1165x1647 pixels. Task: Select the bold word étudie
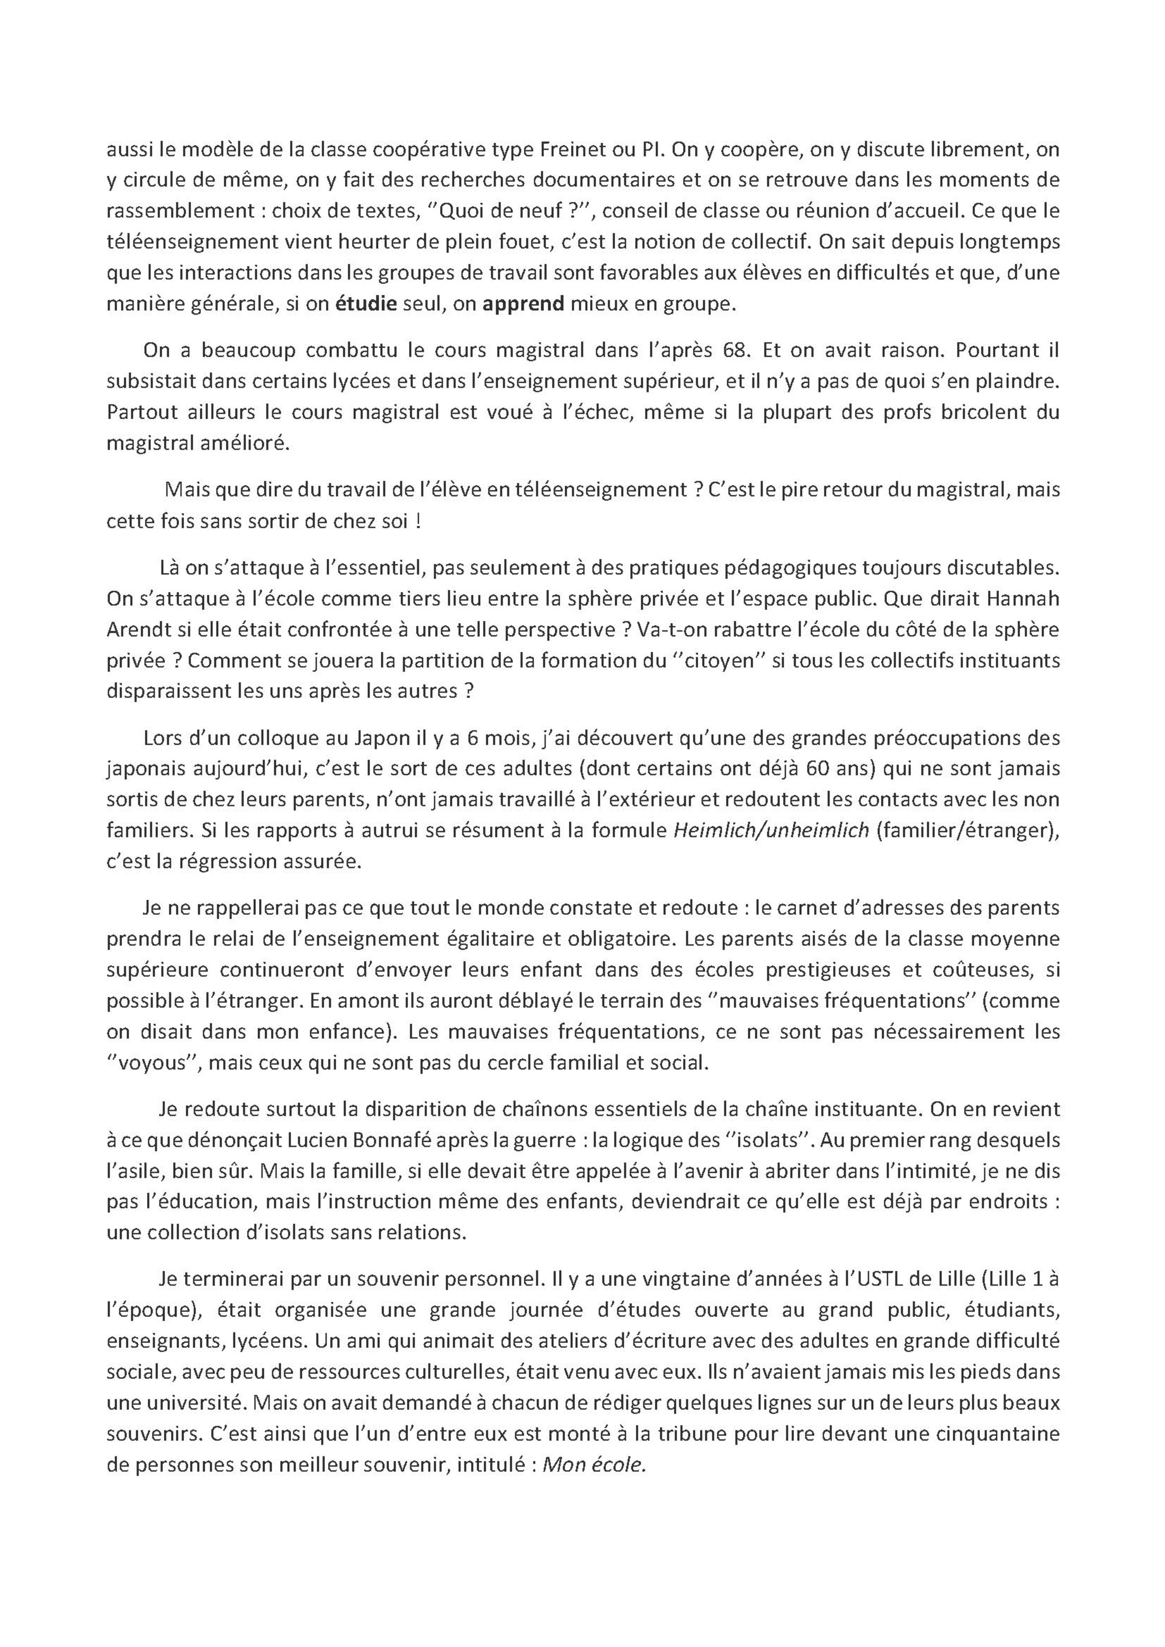[x=366, y=304]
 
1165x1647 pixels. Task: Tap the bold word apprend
[x=523, y=304]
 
